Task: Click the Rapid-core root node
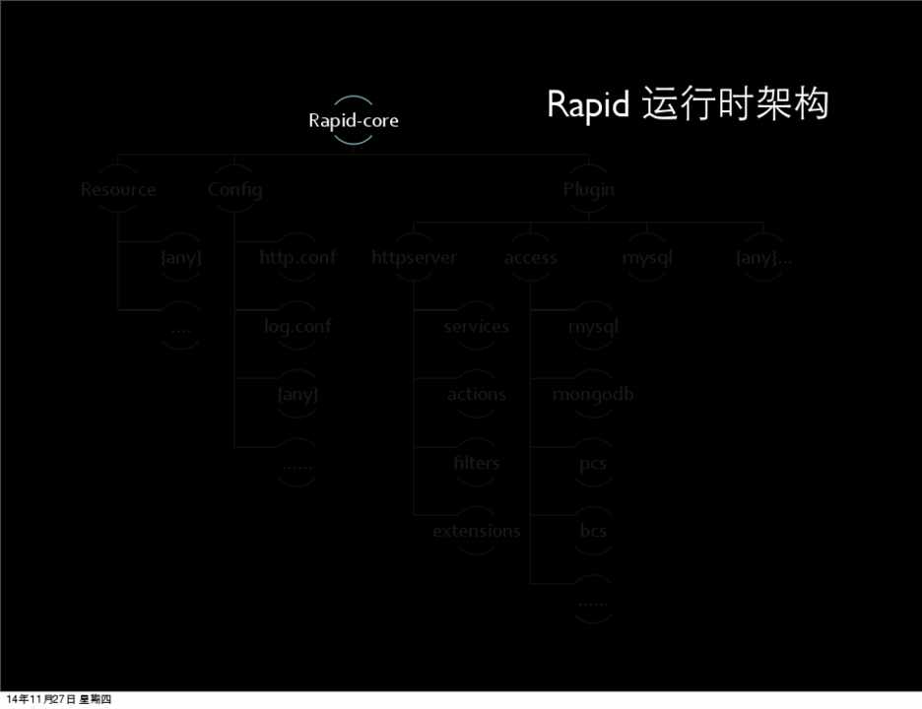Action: [353, 121]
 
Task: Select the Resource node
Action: [118, 189]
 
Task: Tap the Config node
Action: [235, 189]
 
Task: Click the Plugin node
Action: [589, 189]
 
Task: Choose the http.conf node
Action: [297, 258]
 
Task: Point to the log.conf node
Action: [297, 326]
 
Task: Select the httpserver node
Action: [415, 258]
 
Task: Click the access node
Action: [531, 258]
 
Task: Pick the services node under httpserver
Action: [476, 326]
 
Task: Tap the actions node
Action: [476, 395]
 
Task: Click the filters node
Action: [476, 463]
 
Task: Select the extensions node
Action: [476, 532]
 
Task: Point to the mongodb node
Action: [593, 395]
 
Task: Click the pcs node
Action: [593, 464]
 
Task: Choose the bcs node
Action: [593, 532]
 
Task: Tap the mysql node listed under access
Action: [593, 326]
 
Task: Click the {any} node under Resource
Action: [181, 258]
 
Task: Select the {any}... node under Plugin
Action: [764, 258]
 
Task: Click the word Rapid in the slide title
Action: [588, 105]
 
